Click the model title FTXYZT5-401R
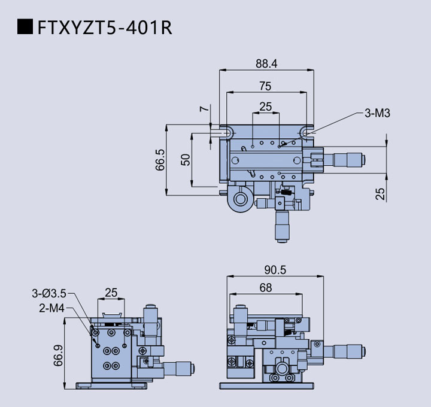pyautogui.click(x=104, y=28)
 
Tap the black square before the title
pyautogui.click(x=25, y=27)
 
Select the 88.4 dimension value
pyautogui.click(x=266, y=63)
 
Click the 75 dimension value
pyautogui.click(x=265, y=86)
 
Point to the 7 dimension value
pyautogui.click(x=205, y=110)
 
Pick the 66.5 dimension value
pyautogui.click(x=160, y=160)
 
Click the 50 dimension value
pyautogui.click(x=186, y=160)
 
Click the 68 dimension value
pyautogui.click(x=265, y=288)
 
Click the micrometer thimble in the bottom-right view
pyautogui.click(x=348, y=352)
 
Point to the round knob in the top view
pyautogui.click(x=241, y=198)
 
